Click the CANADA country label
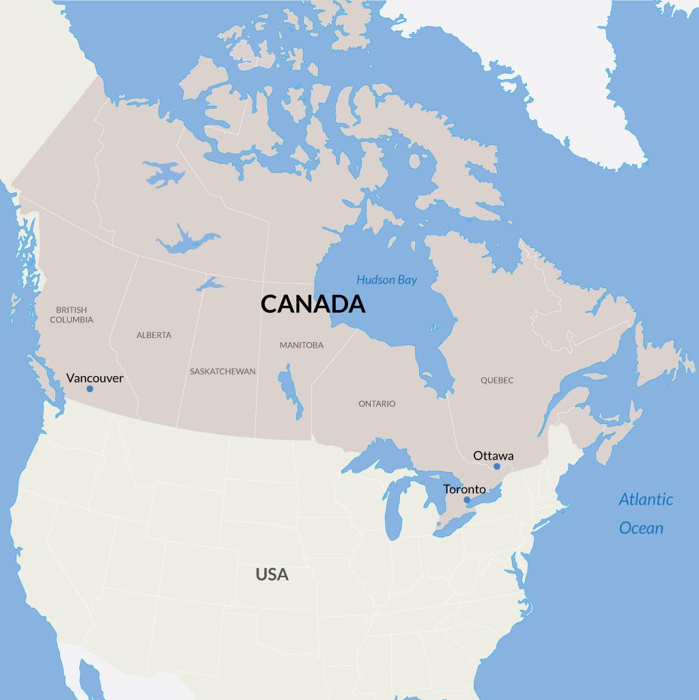click(x=313, y=304)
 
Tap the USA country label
click(x=272, y=574)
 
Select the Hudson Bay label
click(x=386, y=280)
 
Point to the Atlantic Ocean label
click(x=644, y=513)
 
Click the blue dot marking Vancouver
click(x=89, y=389)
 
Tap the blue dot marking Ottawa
click(x=497, y=466)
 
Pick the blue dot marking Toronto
click(x=467, y=500)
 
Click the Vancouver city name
click(x=95, y=378)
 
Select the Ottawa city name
click(x=493, y=456)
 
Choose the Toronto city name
click(x=464, y=489)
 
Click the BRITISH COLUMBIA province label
click(x=72, y=315)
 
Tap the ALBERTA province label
click(x=154, y=335)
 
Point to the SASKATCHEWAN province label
click(x=223, y=372)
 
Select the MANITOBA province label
click(x=301, y=346)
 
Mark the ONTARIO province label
click(x=377, y=404)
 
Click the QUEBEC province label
click(x=496, y=380)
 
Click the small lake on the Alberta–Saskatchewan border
click(x=209, y=283)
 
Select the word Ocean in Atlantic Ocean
click(x=641, y=528)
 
